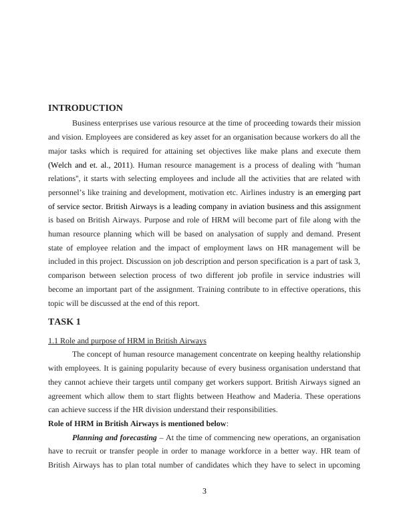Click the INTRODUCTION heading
point(86,108)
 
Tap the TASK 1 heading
point(65,321)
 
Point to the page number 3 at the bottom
point(204,492)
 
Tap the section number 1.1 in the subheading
point(54,341)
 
